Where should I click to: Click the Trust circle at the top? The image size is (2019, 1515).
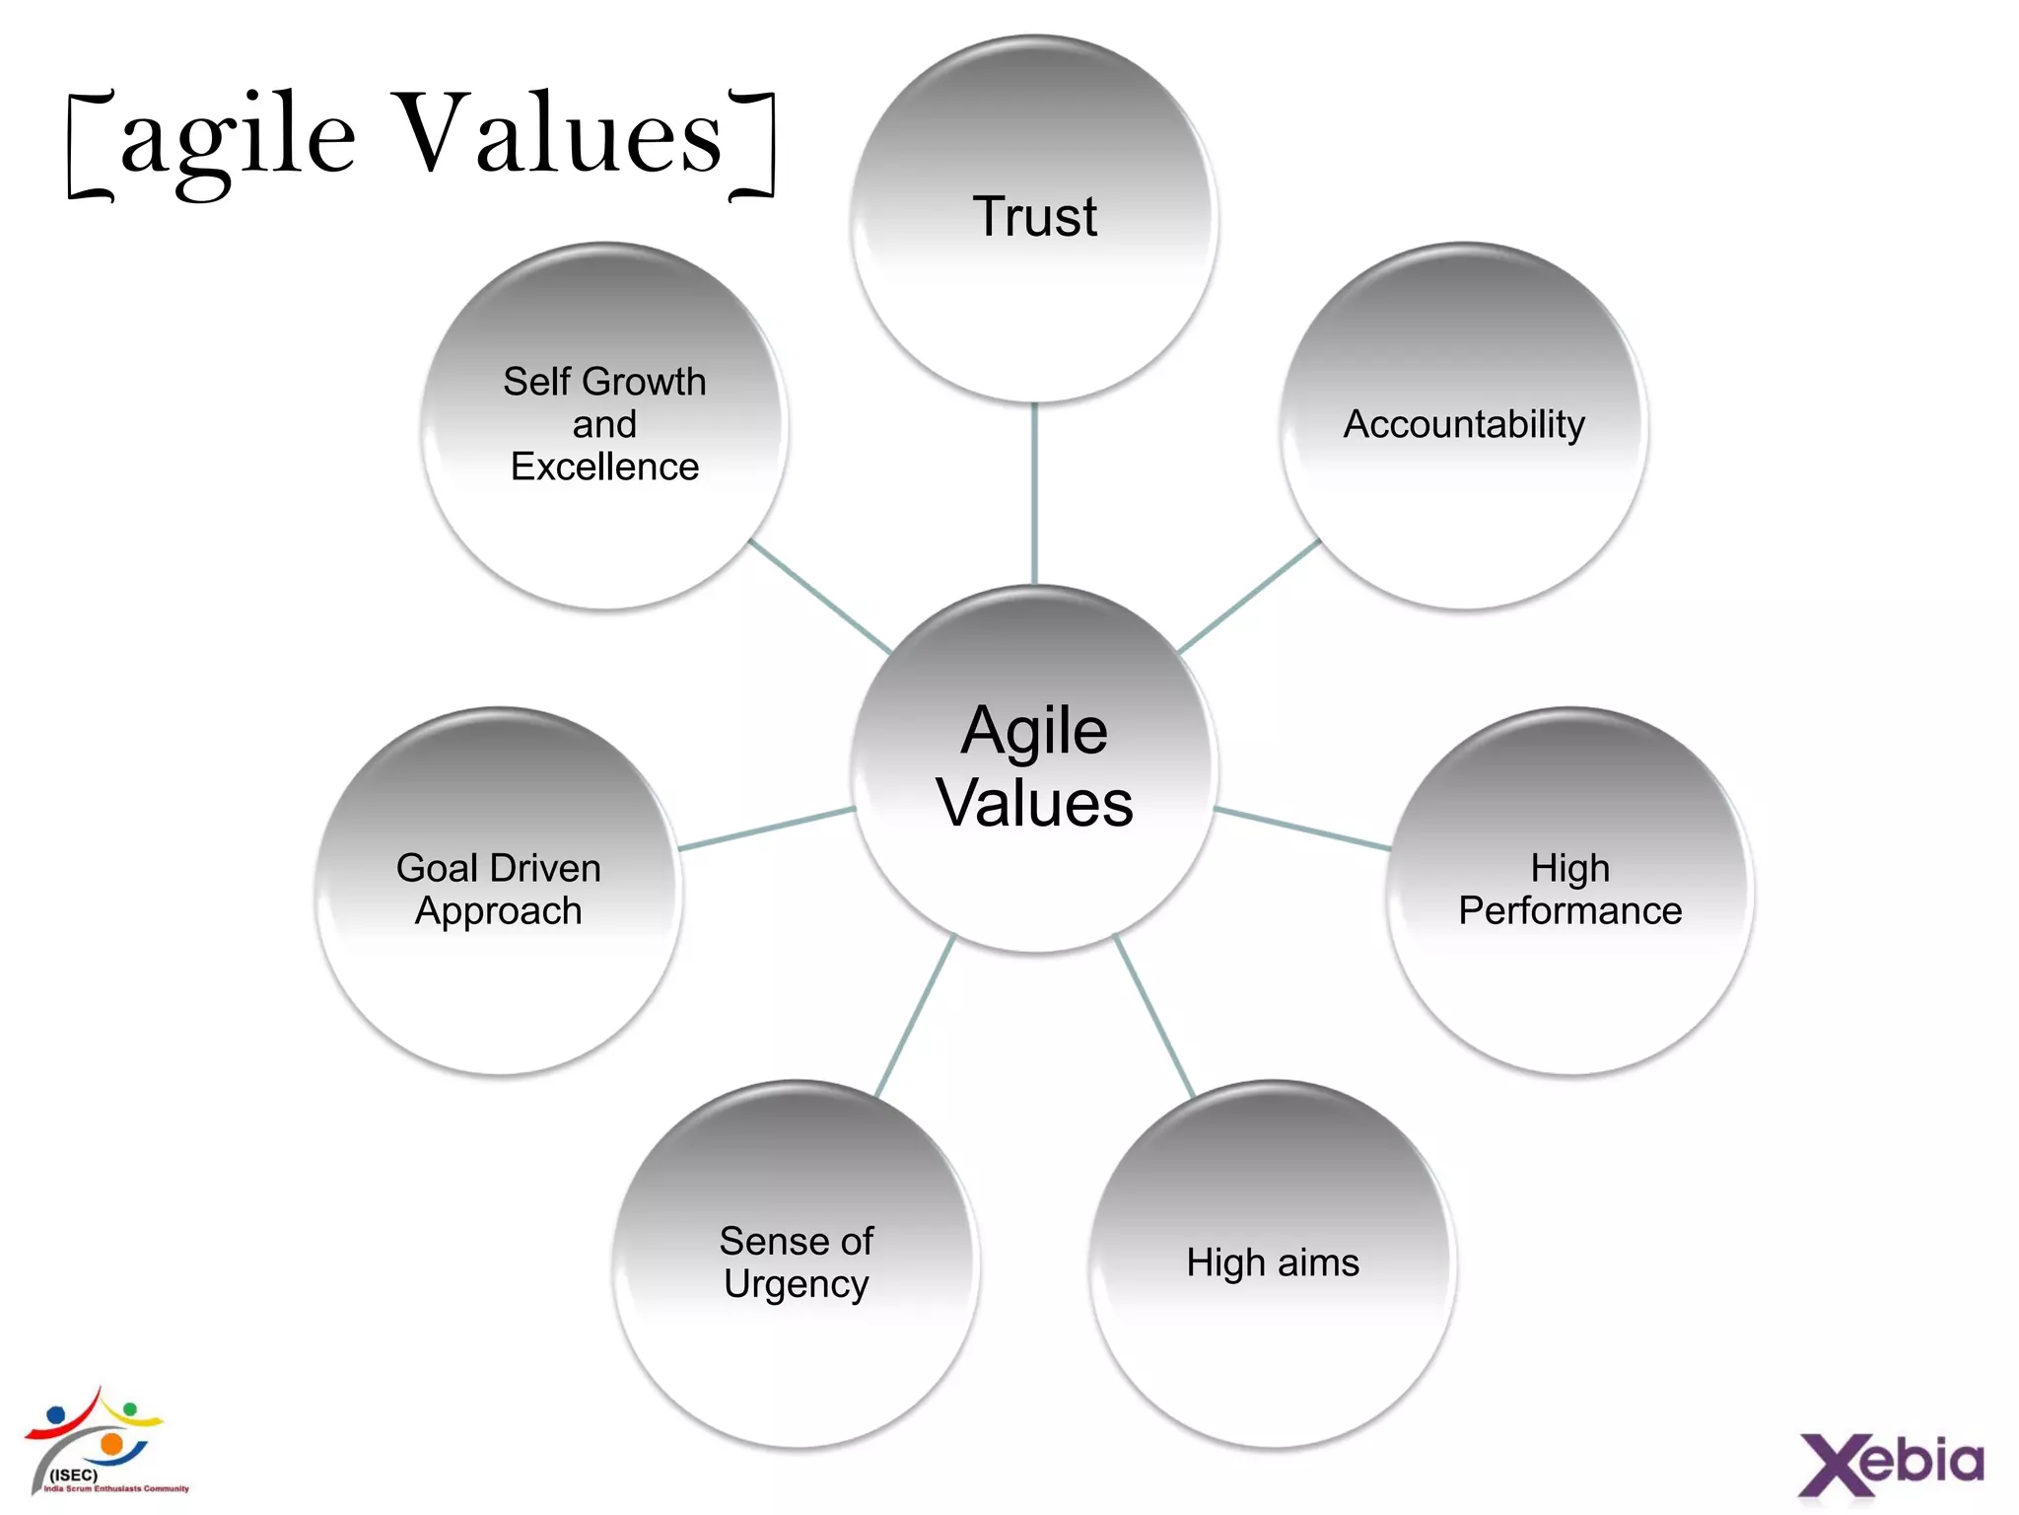tap(1034, 219)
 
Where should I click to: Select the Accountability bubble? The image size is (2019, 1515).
tap(1464, 426)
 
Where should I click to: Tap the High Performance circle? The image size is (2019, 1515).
tap(1569, 891)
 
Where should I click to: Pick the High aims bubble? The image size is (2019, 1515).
tap(1273, 1263)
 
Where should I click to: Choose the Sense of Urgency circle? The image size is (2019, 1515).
tap(797, 1263)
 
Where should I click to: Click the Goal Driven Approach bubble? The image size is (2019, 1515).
tap(499, 891)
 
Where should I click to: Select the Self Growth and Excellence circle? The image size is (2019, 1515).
tap(604, 426)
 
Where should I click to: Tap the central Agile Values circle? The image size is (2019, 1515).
tap(1034, 768)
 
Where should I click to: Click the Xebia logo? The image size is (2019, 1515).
tap(1891, 1463)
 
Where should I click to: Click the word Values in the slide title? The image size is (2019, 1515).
tap(562, 133)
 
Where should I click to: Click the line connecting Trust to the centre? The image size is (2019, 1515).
tap(1034, 493)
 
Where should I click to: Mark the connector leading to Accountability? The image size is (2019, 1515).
tap(1249, 596)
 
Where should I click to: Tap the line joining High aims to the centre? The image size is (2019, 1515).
tap(1154, 1016)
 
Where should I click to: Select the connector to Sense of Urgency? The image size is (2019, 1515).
tap(915, 1016)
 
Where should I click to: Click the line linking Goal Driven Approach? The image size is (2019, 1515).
tap(766, 829)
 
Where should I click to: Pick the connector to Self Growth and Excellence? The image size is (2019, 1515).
tap(820, 596)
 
